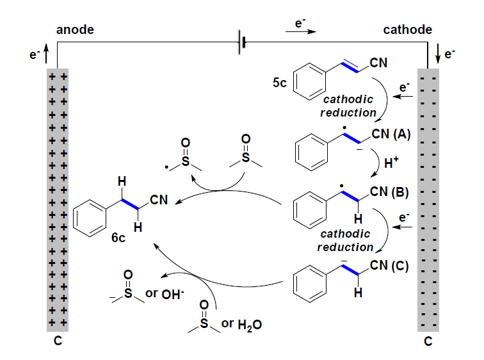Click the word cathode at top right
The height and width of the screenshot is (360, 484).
tap(407, 29)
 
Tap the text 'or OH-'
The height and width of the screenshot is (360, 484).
tap(164, 294)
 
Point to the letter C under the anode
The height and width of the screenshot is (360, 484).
tap(57, 342)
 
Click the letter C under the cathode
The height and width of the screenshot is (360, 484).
tap(428, 342)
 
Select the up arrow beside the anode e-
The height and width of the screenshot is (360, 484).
tap(45, 55)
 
